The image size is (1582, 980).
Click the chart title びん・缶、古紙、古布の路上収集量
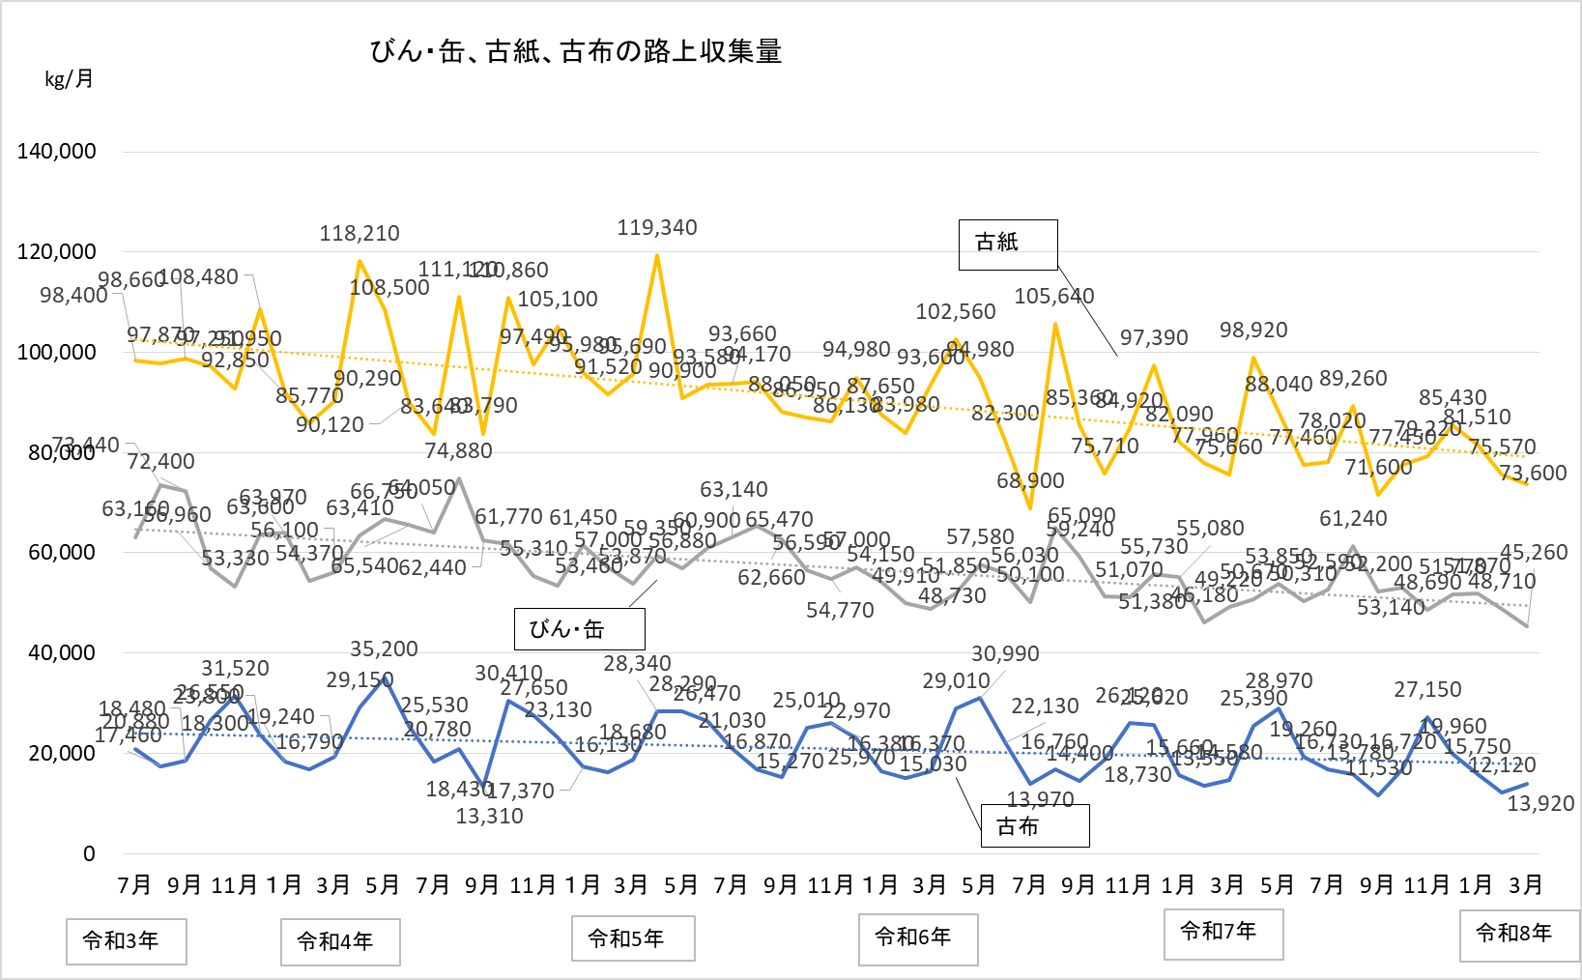(576, 51)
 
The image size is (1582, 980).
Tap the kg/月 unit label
(69, 79)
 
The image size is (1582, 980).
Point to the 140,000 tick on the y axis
(57, 151)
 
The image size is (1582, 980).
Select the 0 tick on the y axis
(89, 853)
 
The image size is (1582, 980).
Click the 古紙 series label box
(1008, 244)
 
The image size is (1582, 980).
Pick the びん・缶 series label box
(579, 629)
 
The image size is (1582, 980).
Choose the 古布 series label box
(1035, 826)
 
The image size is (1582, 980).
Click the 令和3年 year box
(126, 941)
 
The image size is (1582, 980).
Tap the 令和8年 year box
(1518, 935)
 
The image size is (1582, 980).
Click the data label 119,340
(657, 228)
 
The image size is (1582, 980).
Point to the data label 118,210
(360, 234)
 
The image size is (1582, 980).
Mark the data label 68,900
(1030, 481)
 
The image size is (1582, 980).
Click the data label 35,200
(384, 649)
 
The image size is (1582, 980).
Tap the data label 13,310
(489, 817)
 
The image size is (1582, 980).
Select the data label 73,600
(1533, 474)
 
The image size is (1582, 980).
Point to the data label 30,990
(1005, 654)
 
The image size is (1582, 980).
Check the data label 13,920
(1540, 804)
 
